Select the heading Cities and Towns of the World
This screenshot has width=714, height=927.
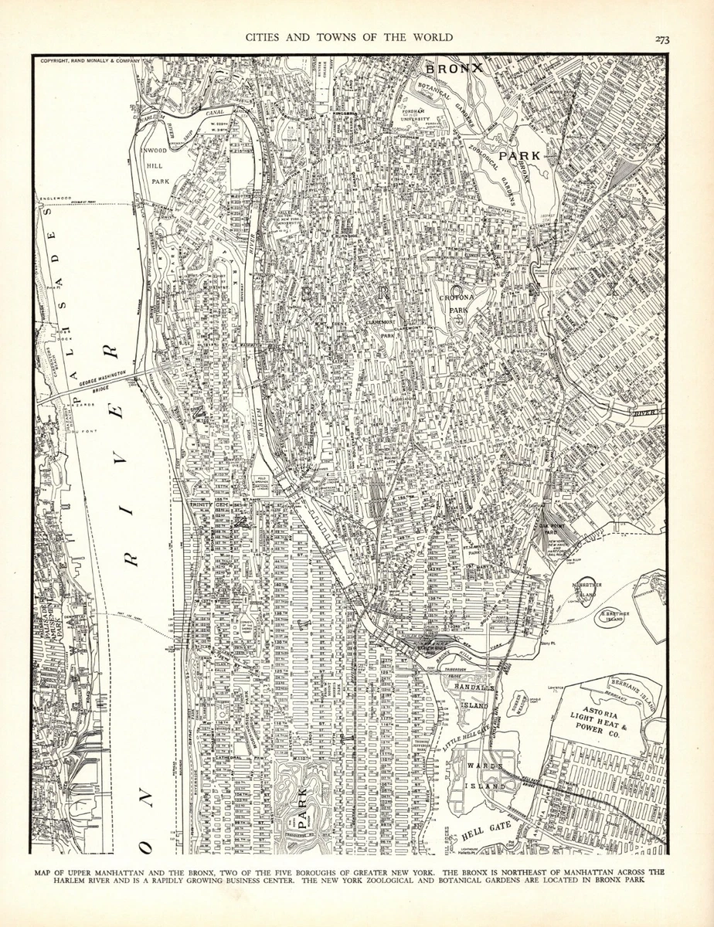click(x=348, y=37)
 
